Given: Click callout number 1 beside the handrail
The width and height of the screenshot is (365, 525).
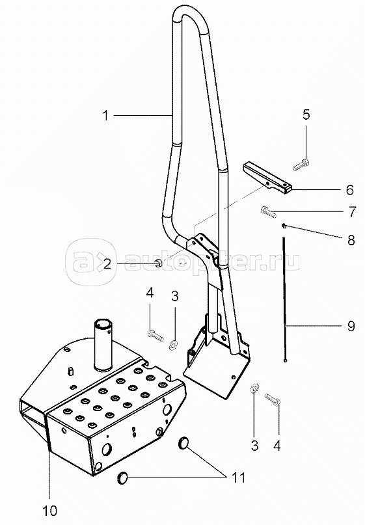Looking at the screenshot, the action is click(x=106, y=116).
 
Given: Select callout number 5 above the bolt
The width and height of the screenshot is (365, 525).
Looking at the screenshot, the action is click(x=306, y=114).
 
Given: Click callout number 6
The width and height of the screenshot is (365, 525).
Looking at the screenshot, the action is click(x=349, y=190).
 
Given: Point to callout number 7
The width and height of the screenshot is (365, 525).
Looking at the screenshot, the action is click(x=352, y=212).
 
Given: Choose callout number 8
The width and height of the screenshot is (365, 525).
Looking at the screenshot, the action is click(x=351, y=240).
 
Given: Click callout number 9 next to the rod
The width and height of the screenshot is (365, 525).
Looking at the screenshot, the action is click(x=351, y=325).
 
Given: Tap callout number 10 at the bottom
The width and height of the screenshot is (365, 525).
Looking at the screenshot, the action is click(x=50, y=511).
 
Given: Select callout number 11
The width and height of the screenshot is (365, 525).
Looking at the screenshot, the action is click(x=239, y=478).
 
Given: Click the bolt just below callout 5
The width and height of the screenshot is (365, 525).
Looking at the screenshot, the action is click(x=301, y=166).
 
